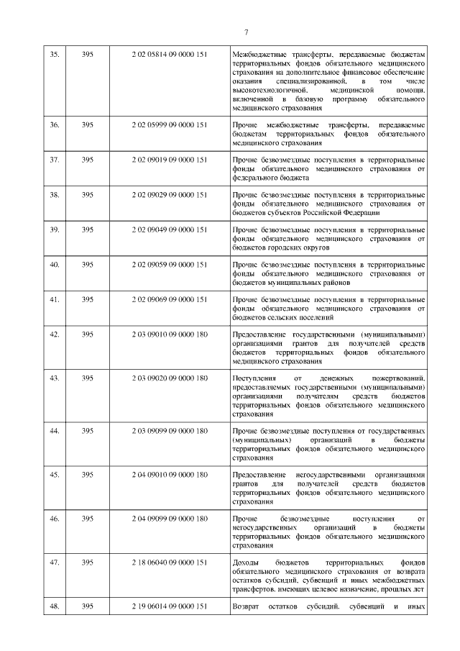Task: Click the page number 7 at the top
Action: (x=246, y=32)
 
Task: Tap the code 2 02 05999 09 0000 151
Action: (x=170, y=125)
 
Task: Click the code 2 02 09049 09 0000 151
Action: (x=170, y=229)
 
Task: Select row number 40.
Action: (x=53, y=264)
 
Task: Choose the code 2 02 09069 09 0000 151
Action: (x=170, y=299)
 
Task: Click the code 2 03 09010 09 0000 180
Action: (x=170, y=334)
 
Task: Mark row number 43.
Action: (x=53, y=378)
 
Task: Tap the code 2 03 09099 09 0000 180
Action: (x=170, y=430)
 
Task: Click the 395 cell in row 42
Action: (x=88, y=334)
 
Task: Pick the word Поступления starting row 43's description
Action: (x=254, y=378)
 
